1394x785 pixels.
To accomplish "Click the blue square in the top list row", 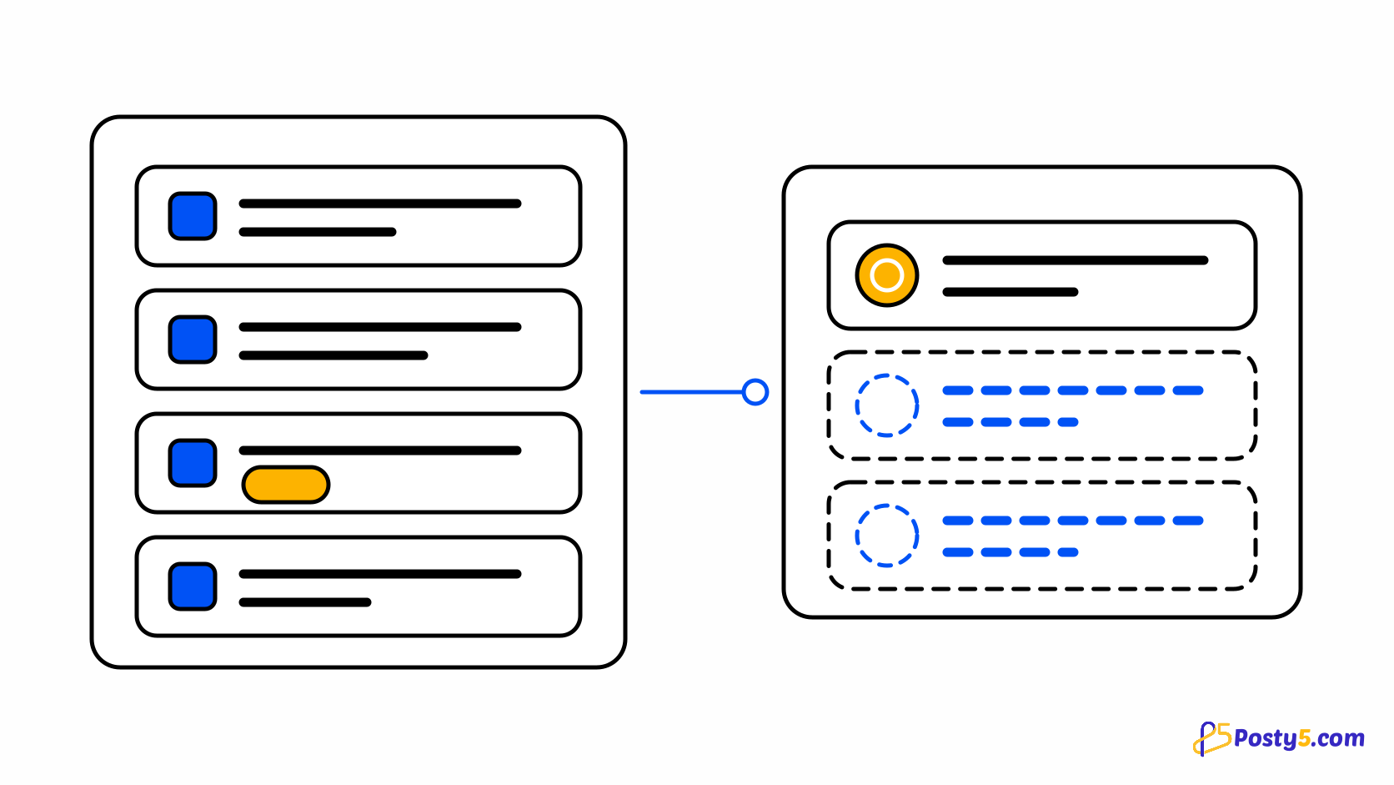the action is click(x=193, y=216).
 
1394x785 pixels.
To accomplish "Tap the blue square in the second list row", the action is click(x=193, y=340).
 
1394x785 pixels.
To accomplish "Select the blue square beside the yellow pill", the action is click(x=193, y=462).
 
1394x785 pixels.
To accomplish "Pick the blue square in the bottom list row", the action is click(x=193, y=586).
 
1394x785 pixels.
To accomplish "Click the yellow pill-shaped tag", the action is click(x=286, y=485).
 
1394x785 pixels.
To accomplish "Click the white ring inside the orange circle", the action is click(x=887, y=262).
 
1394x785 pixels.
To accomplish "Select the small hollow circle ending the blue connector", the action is click(x=755, y=380).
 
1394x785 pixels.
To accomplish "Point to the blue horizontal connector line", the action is click(x=691, y=392).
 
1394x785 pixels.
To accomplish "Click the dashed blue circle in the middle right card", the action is click(x=887, y=375).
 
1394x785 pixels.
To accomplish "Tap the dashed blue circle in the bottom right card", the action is click(x=887, y=506).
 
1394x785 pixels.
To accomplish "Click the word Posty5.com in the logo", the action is click(x=1299, y=738).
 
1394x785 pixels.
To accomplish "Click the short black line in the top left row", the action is click(x=318, y=232).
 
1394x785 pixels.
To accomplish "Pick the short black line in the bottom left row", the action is click(x=305, y=602).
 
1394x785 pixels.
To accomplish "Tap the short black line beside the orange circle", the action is click(x=1010, y=292).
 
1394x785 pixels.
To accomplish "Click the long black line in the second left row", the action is click(x=379, y=328).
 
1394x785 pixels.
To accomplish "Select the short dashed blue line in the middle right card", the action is click(x=1010, y=422).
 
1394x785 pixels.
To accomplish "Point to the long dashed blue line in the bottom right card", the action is click(x=1073, y=521).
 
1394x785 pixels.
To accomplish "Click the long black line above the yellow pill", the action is click(x=379, y=450).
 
